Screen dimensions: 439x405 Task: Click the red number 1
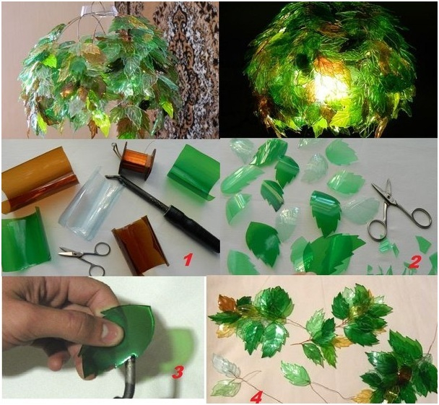187,259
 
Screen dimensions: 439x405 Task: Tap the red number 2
414,261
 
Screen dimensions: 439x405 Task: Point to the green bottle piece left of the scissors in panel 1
25,240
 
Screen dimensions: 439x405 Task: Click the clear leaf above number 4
226,365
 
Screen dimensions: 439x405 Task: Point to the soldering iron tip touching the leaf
131,362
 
